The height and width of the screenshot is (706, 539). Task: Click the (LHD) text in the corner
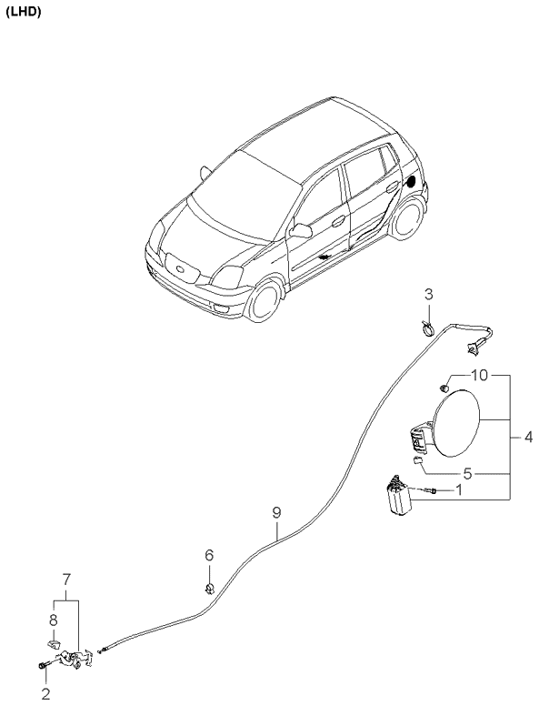pyautogui.click(x=24, y=13)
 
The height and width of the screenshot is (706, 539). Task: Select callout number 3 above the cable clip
pyautogui.click(x=429, y=295)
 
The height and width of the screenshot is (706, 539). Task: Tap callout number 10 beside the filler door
pyautogui.click(x=480, y=375)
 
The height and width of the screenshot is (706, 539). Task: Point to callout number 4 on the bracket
pyautogui.click(x=528, y=437)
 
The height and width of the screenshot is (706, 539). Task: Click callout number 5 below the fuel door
pyautogui.click(x=467, y=474)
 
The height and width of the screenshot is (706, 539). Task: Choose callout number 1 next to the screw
pyautogui.click(x=459, y=489)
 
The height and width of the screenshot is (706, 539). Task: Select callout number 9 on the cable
pyautogui.click(x=276, y=513)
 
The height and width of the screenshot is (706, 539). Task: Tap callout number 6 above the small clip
pyautogui.click(x=209, y=556)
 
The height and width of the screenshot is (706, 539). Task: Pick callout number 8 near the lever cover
pyautogui.click(x=54, y=620)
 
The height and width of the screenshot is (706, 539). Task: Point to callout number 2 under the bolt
pyautogui.click(x=45, y=694)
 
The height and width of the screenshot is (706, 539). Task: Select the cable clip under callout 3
pyautogui.click(x=427, y=328)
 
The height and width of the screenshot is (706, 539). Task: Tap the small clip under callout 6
pyautogui.click(x=210, y=588)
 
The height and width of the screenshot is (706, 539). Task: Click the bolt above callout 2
pyautogui.click(x=44, y=665)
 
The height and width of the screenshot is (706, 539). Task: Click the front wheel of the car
pyautogui.click(x=264, y=301)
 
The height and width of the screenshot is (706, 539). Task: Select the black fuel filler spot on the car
pyautogui.click(x=411, y=181)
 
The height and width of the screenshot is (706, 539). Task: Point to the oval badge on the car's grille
pyautogui.click(x=180, y=269)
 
